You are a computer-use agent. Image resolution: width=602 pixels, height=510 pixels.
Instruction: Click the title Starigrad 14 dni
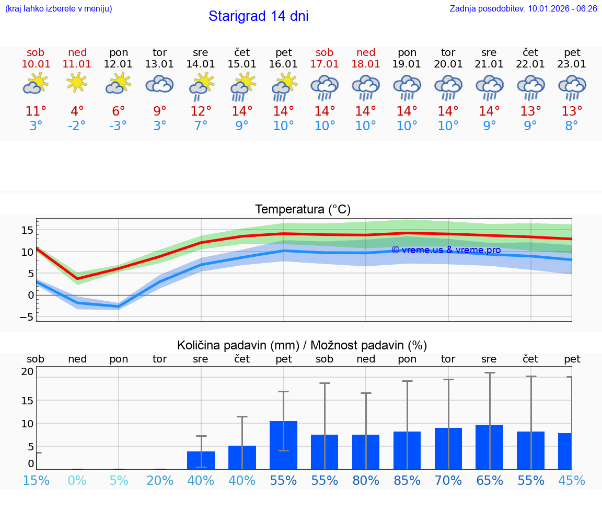tap(258, 16)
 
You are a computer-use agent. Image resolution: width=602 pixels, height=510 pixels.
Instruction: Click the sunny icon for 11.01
tap(77, 83)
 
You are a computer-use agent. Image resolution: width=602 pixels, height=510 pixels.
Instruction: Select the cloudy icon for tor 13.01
tap(159, 84)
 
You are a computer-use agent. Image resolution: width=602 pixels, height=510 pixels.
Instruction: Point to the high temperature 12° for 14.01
tap(201, 111)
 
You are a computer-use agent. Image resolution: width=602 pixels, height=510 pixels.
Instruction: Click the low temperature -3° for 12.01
tap(118, 126)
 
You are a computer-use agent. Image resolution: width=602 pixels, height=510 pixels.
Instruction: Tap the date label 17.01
tap(325, 64)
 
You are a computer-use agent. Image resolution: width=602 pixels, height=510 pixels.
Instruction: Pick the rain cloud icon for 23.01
tap(572, 87)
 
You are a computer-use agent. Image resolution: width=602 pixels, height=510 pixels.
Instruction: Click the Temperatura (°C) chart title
tap(303, 210)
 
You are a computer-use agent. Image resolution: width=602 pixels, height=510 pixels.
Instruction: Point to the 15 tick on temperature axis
tap(28, 230)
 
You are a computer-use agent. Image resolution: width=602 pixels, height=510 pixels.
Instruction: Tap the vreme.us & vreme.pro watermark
tap(446, 250)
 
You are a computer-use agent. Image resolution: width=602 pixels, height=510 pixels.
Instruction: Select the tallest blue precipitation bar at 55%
tap(283, 445)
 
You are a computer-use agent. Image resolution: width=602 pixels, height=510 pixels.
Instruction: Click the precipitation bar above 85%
tap(407, 450)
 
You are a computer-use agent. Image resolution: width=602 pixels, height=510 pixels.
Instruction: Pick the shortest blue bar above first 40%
tap(201, 460)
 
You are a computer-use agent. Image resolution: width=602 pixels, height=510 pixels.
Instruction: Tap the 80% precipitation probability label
tap(366, 480)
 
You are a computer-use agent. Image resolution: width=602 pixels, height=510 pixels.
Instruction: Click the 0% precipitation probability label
tap(77, 480)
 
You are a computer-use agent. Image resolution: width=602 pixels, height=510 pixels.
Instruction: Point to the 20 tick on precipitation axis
tap(28, 372)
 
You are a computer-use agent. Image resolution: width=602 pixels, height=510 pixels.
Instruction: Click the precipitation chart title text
tap(302, 345)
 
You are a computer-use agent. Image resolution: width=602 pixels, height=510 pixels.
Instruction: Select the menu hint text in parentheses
tap(58, 8)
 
